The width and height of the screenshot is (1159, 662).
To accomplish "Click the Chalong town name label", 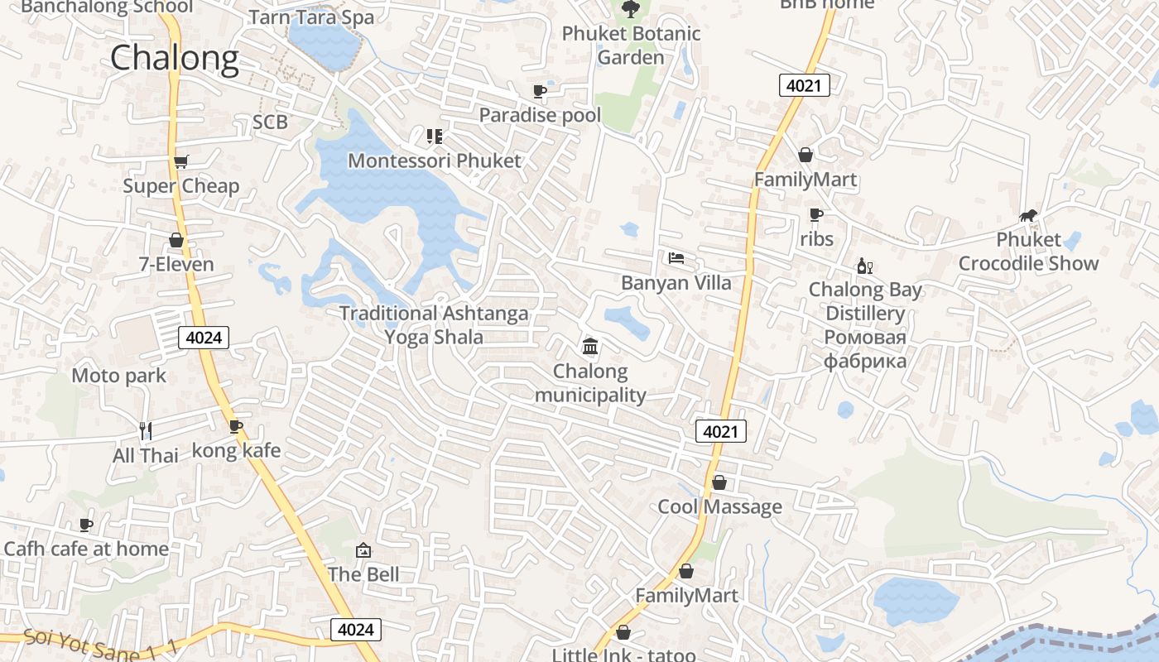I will point(174,58).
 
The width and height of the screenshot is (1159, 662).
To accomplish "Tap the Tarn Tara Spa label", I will point(311,17).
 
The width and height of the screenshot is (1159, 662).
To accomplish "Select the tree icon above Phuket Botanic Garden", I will point(630,9).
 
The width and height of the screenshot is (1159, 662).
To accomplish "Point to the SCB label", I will point(270,122).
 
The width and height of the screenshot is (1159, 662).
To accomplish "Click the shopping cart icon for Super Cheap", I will point(180,161).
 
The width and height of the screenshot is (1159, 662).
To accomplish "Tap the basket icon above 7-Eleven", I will point(176,241).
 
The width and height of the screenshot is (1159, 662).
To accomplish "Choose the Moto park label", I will point(118,376).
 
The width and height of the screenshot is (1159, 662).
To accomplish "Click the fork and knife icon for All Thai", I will point(146,430).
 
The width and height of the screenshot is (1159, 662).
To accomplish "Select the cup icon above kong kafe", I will point(236,426).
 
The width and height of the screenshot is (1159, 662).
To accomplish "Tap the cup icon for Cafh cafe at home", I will point(85,525).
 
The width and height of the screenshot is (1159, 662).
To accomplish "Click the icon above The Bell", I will point(363,550).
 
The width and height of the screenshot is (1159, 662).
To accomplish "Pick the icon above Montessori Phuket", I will point(434,137).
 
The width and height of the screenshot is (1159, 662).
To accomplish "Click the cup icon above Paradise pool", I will point(540,91).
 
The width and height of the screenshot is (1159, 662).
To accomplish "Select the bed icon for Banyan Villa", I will point(676,258).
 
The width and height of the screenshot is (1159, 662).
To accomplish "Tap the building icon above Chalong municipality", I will point(590,346).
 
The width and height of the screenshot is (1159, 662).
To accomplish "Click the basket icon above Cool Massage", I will point(719,482).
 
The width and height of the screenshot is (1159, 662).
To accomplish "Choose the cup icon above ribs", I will point(816,215).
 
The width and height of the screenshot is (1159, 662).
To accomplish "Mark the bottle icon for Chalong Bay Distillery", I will point(865,266).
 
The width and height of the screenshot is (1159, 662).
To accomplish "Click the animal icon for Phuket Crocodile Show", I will point(1028,216).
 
